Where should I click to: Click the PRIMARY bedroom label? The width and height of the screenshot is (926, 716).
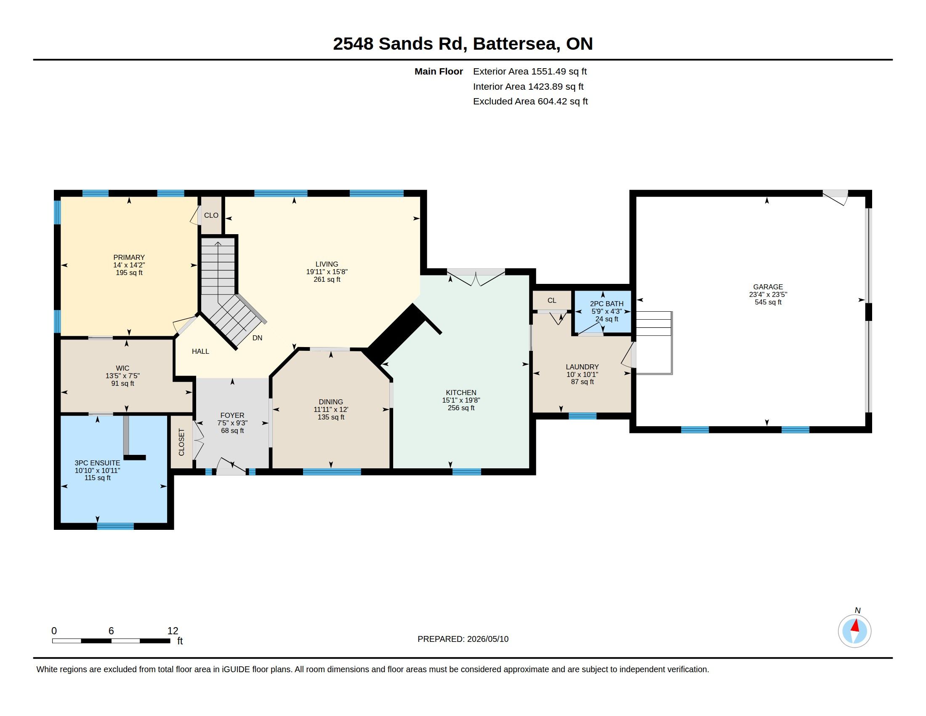129,257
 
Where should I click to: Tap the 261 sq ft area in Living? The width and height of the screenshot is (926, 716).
327,280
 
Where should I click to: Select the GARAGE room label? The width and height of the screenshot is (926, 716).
768,287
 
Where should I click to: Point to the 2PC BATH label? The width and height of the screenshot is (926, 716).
607,304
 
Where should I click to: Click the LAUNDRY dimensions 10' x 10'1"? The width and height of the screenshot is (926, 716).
582,374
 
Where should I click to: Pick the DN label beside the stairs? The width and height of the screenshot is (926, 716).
257,338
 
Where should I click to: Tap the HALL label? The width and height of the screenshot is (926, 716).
200,351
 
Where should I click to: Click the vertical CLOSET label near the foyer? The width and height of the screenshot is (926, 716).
181,442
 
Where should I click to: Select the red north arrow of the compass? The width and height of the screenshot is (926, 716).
855,625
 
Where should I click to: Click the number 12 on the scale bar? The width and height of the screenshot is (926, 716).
173,631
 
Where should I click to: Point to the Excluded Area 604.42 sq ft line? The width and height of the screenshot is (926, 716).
530,102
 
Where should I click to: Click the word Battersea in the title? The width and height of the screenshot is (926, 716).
515,44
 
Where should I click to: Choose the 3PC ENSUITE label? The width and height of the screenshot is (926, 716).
98,463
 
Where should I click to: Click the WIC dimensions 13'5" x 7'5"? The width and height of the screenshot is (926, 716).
122,376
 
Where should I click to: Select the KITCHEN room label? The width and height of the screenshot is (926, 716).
461,393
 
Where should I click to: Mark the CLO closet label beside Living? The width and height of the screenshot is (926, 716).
211,216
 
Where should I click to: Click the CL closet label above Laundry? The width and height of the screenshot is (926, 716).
552,300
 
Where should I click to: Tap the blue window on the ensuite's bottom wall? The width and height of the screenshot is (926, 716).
115,526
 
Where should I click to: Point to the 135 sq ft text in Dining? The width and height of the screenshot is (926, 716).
331,417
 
